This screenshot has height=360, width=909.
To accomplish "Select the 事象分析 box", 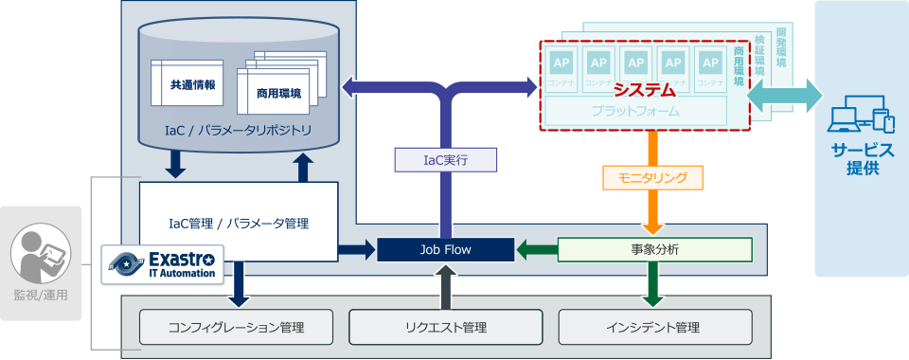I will (x=654, y=250).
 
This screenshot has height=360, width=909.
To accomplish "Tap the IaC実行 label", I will (x=445, y=161).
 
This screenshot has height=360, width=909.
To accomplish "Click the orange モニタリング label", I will (x=652, y=176).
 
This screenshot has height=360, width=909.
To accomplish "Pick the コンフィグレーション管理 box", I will (x=236, y=327).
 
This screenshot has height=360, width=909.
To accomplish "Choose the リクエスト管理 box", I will (x=445, y=327).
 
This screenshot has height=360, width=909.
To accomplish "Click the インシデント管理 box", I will (x=654, y=327).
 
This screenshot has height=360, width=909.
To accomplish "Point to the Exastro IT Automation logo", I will (x=164, y=263).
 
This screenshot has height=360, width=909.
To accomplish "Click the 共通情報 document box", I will (x=192, y=84).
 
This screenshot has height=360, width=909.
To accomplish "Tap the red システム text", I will (x=644, y=91).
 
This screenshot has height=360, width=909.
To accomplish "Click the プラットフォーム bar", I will (x=635, y=112).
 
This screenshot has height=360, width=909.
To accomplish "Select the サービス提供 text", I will (x=862, y=158).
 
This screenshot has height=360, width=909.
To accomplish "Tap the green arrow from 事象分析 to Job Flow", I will (x=536, y=250).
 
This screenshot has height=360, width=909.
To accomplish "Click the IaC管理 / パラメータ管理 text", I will (x=238, y=224).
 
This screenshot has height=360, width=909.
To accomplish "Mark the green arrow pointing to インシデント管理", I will (x=652, y=284).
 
